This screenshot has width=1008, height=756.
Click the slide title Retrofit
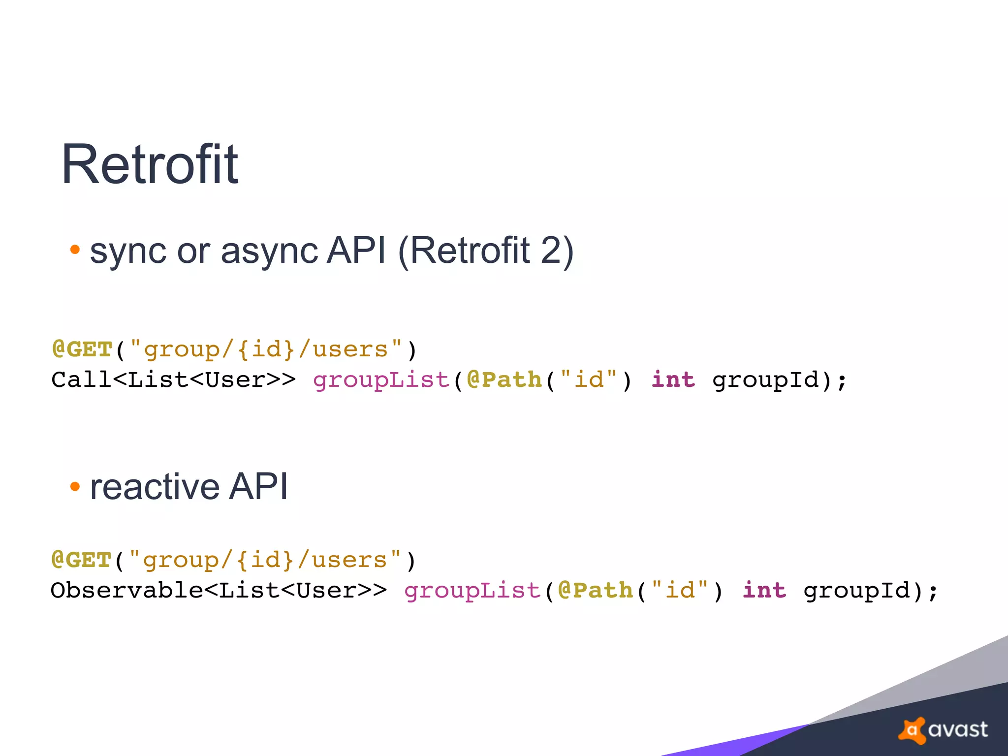(150, 164)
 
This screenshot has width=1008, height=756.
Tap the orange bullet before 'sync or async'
(75, 250)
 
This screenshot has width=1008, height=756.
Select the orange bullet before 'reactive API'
(75, 487)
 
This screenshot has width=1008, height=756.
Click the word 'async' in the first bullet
(270, 251)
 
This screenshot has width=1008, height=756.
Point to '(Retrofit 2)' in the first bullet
(485, 251)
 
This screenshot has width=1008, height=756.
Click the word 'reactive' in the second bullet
(154, 487)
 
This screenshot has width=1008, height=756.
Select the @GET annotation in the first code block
(82, 349)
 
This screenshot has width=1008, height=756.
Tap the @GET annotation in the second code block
(82, 560)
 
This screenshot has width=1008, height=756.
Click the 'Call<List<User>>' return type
(173, 380)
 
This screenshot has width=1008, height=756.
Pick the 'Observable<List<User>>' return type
(219, 591)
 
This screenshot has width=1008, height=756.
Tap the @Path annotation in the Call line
(504, 380)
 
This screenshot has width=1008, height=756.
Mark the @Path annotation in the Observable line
(596, 591)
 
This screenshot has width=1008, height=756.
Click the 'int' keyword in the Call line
(673, 380)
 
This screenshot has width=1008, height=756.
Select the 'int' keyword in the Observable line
(764, 591)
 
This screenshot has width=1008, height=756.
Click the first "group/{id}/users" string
(266, 350)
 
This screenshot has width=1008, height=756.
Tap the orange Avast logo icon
(912, 730)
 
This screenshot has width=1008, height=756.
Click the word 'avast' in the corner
(958, 730)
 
